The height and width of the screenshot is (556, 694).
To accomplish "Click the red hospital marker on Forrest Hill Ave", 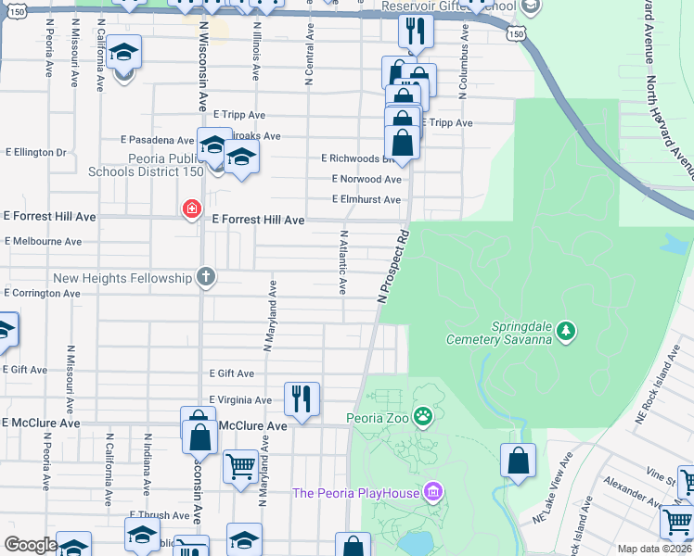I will pyautogui.click(x=192, y=210).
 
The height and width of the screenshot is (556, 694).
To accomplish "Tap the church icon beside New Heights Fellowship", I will pyautogui.click(x=206, y=277).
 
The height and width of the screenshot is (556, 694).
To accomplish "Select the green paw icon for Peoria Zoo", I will pyautogui.click(x=423, y=417).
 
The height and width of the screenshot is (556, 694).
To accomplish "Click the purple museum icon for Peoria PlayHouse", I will pyautogui.click(x=432, y=491).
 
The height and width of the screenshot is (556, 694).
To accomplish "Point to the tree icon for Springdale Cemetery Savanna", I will pyautogui.click(x=566, y=330).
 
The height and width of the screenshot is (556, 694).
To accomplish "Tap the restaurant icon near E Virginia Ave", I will pyautogui.click(x=302, y=398).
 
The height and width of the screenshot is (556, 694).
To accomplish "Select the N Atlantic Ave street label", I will pyautogui.click(x=343, y=262).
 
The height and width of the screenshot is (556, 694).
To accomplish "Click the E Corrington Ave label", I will pyautogui.click(x=43, y=293).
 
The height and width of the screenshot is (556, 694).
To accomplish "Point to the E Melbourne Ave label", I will pyautogui.click(x=43, y=241).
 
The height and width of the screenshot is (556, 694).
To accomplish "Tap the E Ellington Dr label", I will pyautogui.click(x=36, y=152).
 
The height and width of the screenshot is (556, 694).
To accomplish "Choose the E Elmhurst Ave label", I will pyautogui.click(x=366, y=199).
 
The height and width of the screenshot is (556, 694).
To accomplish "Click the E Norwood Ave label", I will pyautogui.click(x=366, y=179).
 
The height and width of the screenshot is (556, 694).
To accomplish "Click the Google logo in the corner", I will pyautogui.click(x=30, y=545).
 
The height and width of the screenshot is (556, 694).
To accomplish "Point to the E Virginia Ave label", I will pyautogui.click(x=240, y=400).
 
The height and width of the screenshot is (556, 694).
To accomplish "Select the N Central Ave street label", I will pyautogui.click(x=308, y=54).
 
